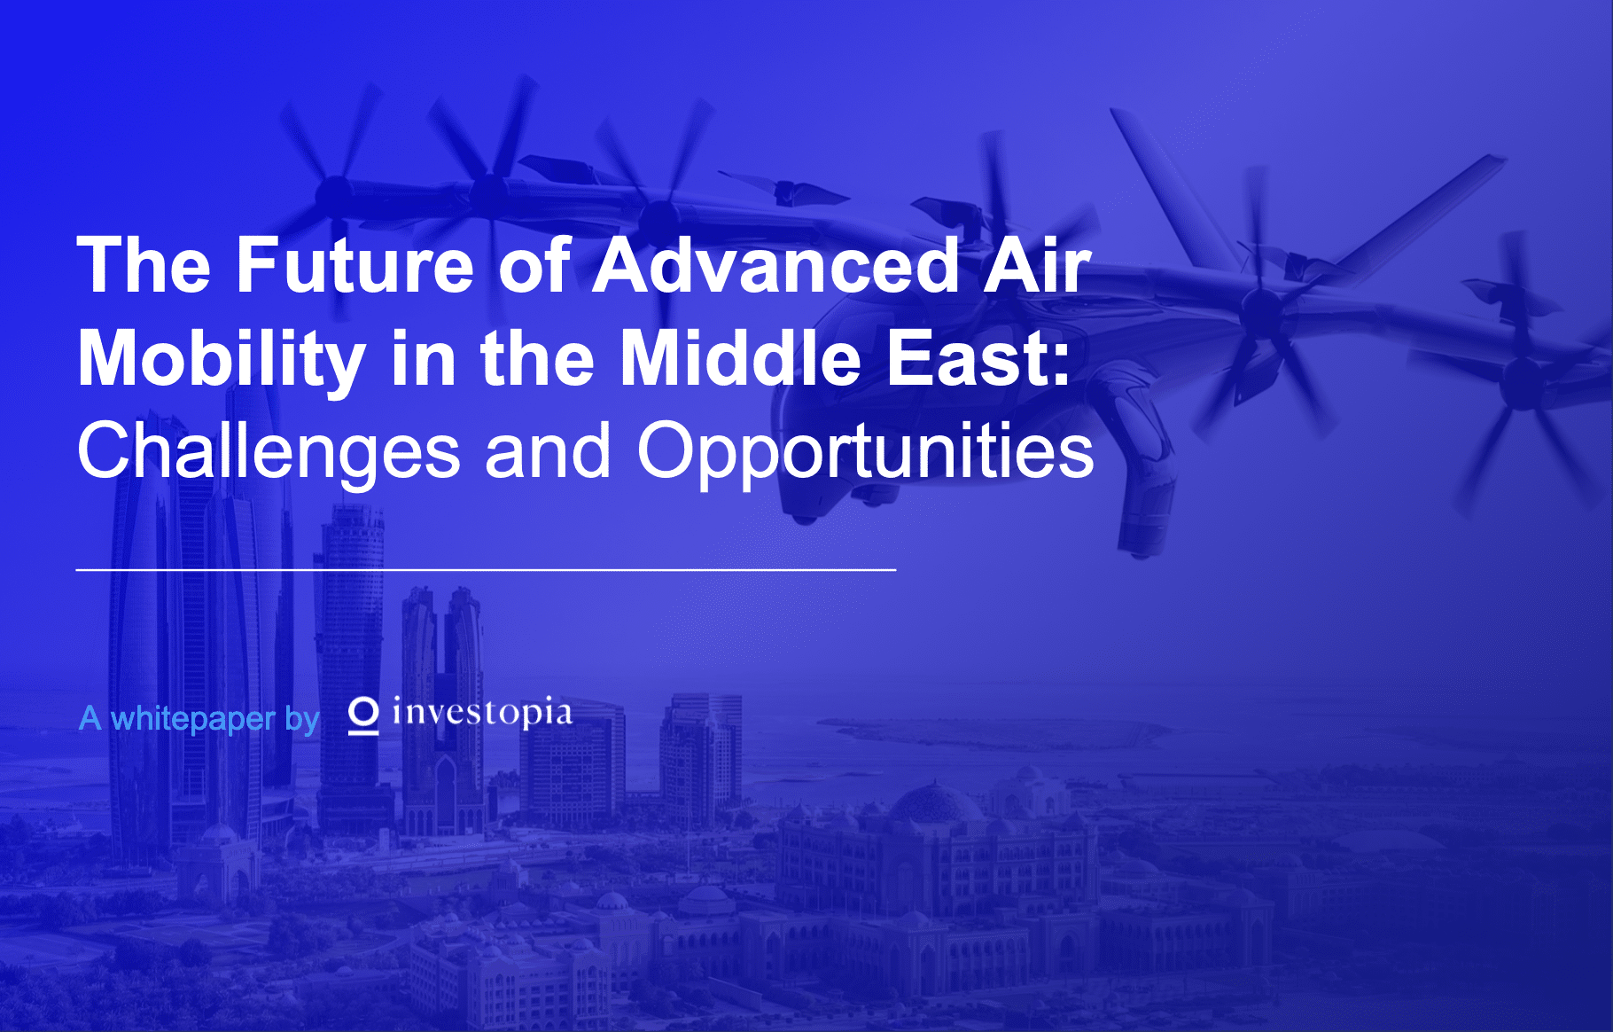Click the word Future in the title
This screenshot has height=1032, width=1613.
pos(355,265)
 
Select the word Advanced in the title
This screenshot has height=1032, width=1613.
pos(775,265)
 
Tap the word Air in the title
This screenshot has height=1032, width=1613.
pos(1037,265)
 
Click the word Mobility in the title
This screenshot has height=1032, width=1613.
pos(221,359)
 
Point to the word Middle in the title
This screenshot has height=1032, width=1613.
pos(740,359)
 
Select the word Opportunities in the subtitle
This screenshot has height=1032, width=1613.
pos(865,451)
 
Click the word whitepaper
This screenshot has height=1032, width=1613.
pos(193,719)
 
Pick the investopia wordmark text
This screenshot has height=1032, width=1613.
pos(482,713)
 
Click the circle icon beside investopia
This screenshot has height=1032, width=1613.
pos(362,713)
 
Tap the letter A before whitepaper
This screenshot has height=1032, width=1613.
pos(90,718)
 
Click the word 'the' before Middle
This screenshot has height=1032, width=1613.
pos(537,359)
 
